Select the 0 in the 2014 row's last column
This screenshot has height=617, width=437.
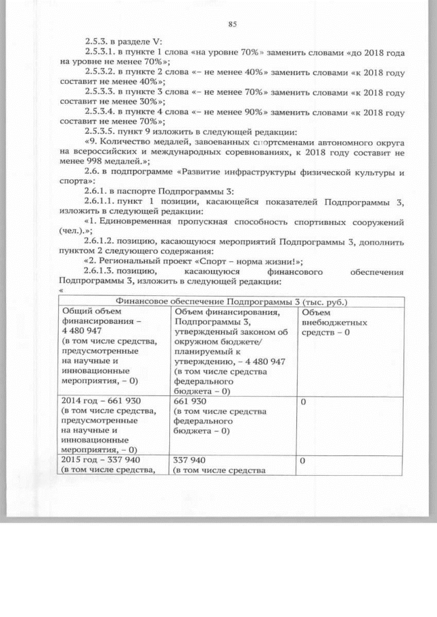coord(303,402)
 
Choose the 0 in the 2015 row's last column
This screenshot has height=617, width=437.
coord(303,460)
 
